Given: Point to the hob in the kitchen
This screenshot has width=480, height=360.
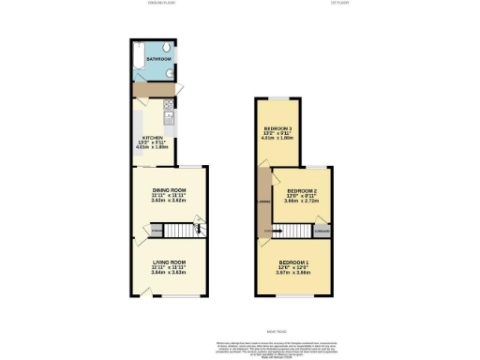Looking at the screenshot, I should (168, 105).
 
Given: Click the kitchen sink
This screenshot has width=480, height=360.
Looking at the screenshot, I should (168, 119).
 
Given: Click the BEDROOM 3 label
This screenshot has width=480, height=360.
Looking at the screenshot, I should (278, 127).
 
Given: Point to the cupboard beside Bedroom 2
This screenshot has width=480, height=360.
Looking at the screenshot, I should (323, 229).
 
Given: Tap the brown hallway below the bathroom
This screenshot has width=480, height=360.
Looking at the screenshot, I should (150, 88).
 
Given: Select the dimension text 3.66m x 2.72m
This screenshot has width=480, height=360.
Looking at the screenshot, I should (304, 202).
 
